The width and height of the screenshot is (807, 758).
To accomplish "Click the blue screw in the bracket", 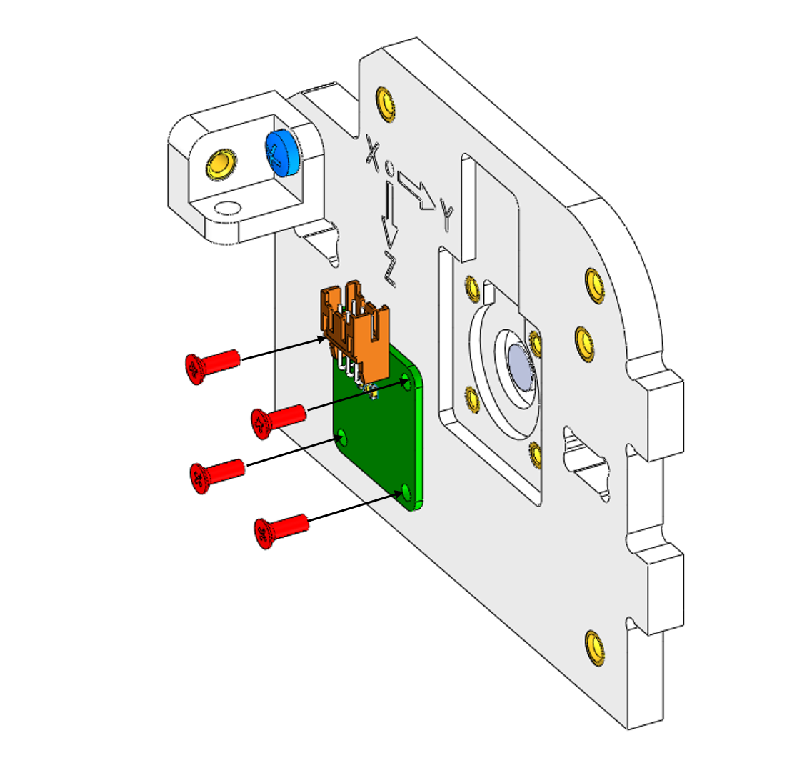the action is [283, 152].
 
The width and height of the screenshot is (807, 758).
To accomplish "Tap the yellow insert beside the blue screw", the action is [221, 164].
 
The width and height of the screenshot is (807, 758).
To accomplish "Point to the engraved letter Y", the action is [447, 215].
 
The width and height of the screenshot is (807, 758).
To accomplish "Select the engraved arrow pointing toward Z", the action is [390, 214].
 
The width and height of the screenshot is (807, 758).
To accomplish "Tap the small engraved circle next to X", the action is [390, 167].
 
